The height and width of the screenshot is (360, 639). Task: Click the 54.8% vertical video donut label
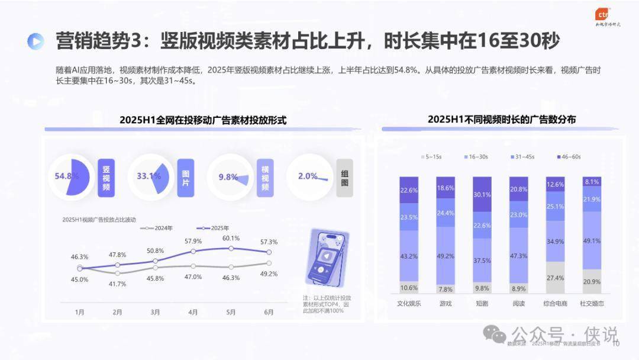pos(66,176)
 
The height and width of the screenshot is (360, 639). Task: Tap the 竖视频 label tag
pos(106,177)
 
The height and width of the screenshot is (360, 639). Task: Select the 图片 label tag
pos(185,177)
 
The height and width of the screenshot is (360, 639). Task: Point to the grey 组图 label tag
pos(344,177)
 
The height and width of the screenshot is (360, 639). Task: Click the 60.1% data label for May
pos(231,238)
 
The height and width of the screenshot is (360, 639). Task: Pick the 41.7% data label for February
pos(118,284)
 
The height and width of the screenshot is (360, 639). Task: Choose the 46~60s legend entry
pos(567,156)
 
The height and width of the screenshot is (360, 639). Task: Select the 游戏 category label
pos(446,303)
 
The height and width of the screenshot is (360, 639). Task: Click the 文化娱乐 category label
pos(409,303)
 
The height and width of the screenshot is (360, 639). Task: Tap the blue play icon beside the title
pos(35,41)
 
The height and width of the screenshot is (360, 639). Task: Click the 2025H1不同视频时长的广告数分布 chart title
pos(502,120)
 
